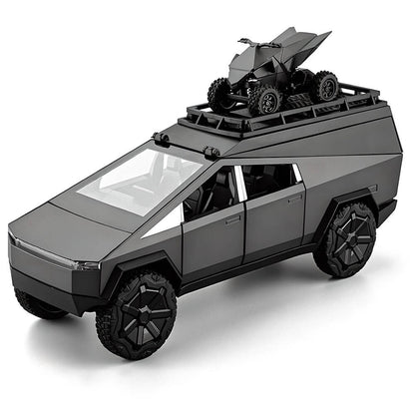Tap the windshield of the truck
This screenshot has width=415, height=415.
click(140, 180)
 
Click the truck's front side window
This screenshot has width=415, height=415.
click(211, 191)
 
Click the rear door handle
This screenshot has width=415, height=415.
click(293, 198)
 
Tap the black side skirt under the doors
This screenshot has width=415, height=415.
click(249, 271)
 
